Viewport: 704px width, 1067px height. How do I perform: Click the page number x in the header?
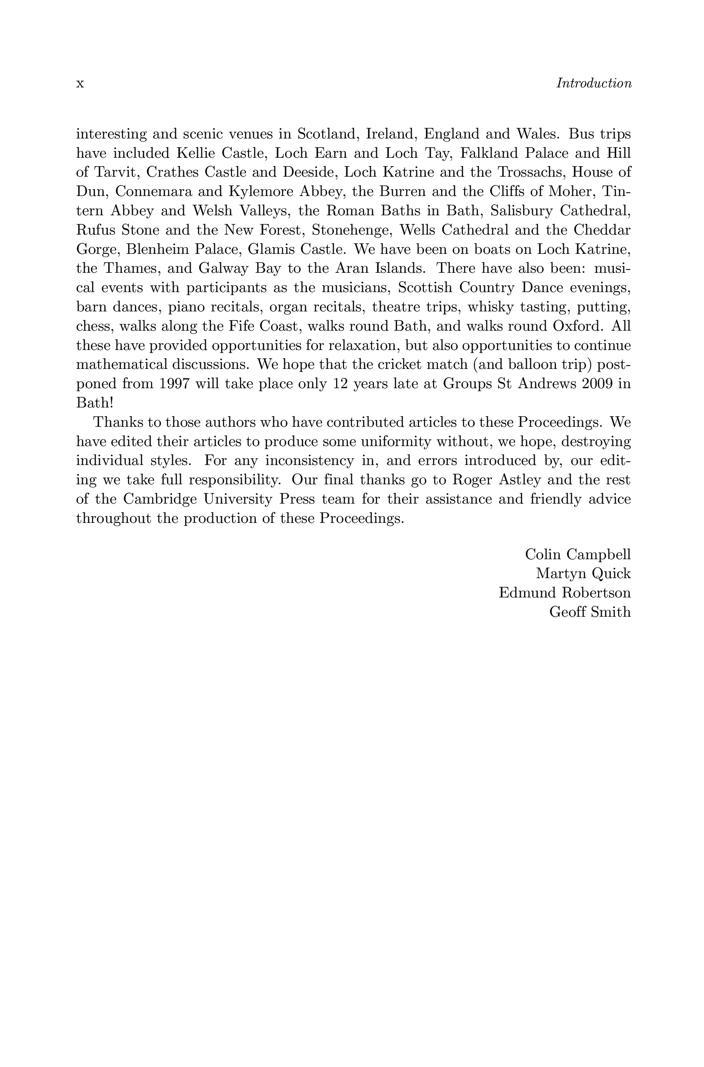click(80, 84)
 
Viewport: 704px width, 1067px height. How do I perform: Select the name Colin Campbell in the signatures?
click(578, 555)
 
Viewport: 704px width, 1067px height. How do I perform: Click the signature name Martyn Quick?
click(583, 574)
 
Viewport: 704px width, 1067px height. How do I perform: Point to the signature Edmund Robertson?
click(565, 593)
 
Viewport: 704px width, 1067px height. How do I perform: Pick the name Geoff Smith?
click(590, 612)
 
